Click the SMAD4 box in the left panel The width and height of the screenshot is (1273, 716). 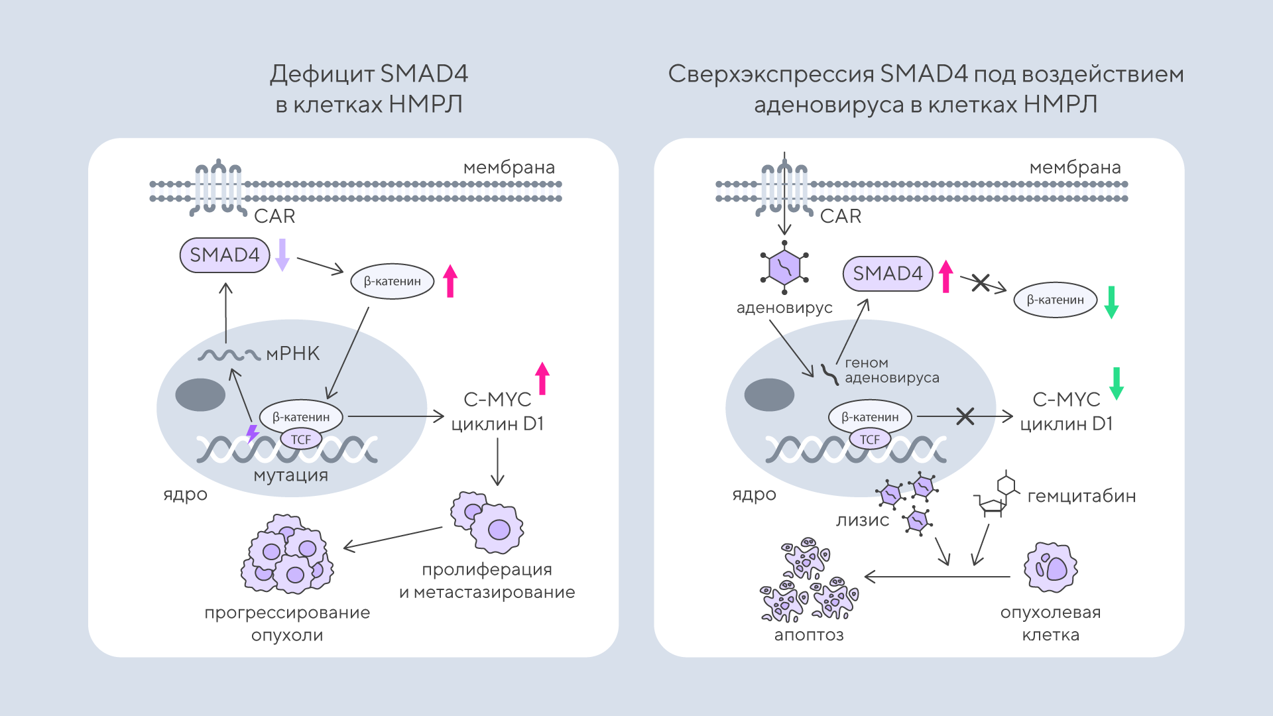pos(225,255)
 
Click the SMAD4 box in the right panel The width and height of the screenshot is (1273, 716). pos(887,274)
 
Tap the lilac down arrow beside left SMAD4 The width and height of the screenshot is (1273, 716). pos(282,255)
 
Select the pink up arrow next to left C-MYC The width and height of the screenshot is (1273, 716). pos(542,379)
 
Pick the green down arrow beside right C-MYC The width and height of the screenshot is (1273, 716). pos(1117,383)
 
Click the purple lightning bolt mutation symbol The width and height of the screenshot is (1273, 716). pos(253,434)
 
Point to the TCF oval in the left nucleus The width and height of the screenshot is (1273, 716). pos(301,440)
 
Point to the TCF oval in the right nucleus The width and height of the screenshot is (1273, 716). pos(870,440)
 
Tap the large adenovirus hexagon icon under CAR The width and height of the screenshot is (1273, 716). pos(784,267)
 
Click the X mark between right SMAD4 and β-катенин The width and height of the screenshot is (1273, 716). pos(981,282)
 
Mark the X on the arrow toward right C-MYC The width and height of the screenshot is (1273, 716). pos(965,416)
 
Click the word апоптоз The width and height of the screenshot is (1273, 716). pos(809,635)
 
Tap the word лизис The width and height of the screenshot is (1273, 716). pos(862,520)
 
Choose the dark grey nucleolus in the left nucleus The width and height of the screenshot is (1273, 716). pos(200,394)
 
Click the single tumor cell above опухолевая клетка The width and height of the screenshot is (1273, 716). pos(1050,567)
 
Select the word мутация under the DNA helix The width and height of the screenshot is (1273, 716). pos(290,475)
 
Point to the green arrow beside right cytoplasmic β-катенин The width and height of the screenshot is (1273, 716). pos(1112,302)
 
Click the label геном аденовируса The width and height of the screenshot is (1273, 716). pos(891,370)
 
